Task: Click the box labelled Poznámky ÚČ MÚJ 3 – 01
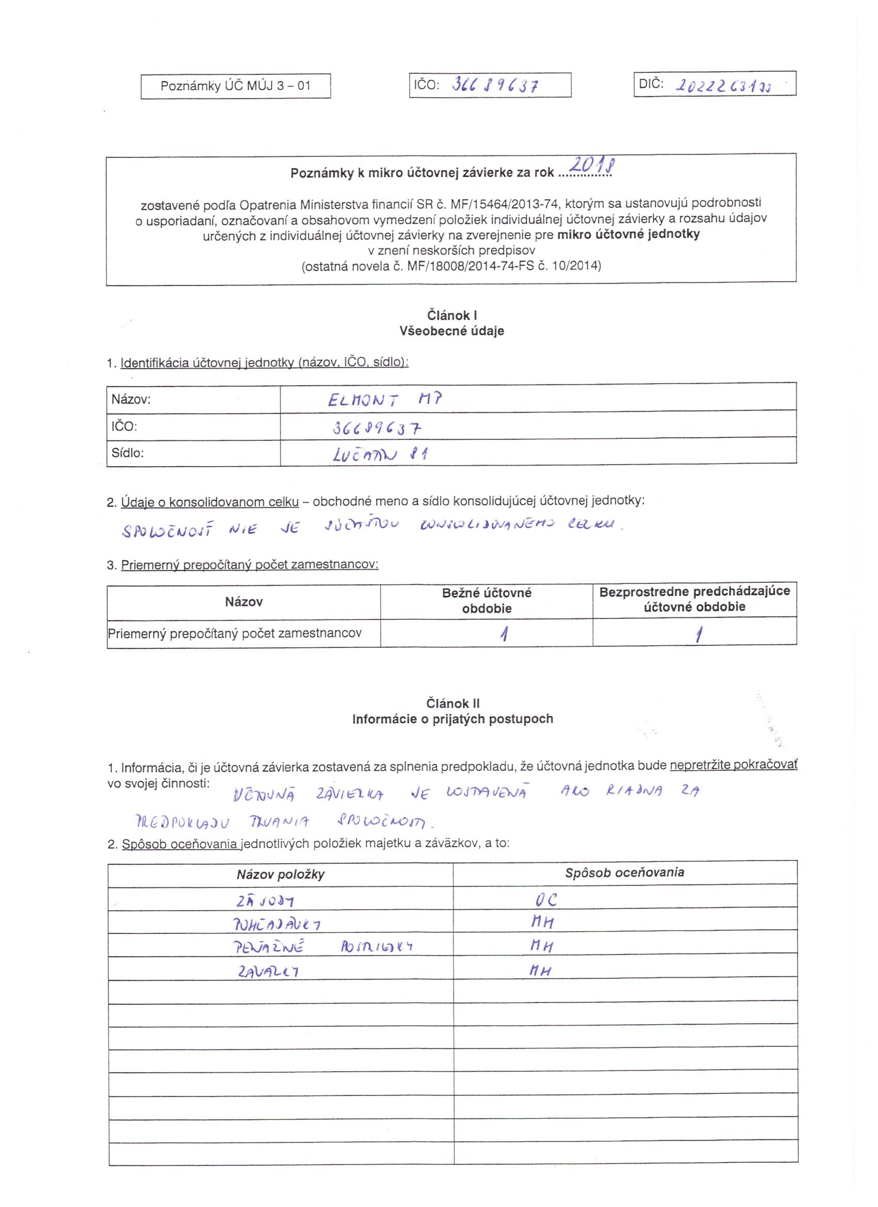point(236,86)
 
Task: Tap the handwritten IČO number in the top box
point(495,85)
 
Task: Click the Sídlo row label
point(128,453)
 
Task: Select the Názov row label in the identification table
point(131,399)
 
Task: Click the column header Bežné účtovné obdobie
point(487,600)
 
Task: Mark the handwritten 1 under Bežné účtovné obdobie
point(503,634)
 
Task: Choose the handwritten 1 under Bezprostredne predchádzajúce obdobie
point(698,634)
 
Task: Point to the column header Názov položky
point(280,875)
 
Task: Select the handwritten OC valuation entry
point(544,900)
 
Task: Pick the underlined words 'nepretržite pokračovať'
point(733,765)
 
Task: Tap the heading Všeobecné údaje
point(451,331)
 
